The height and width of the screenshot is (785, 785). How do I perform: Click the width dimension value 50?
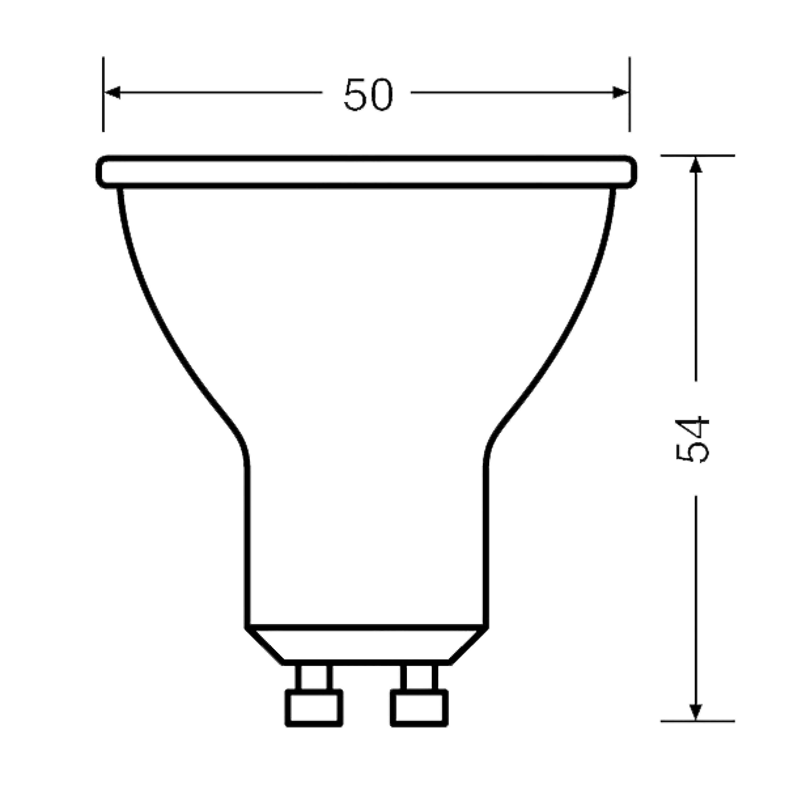pos(368,94)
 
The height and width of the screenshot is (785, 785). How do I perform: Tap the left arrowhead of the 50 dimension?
pos(112,93)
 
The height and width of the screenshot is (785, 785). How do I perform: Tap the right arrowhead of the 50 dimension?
pos(620,93)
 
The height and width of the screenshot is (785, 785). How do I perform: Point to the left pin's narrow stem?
pos(314,677)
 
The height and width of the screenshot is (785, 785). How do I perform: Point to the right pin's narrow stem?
pos(419,677)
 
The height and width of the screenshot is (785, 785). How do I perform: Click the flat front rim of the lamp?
pos(367,172)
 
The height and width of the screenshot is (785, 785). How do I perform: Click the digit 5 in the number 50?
pos(356,94)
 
